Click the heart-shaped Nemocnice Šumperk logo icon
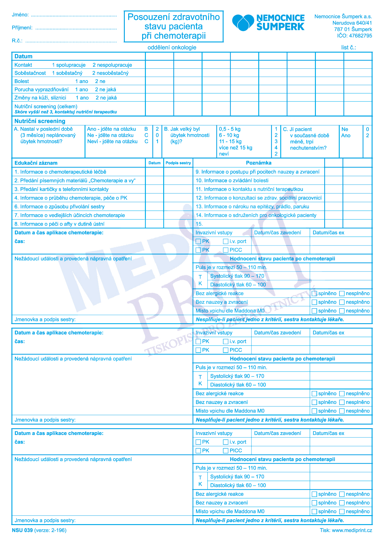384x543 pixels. click(x=243, y=22)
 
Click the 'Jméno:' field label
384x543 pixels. click(x=20, y=15)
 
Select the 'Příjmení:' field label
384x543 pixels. click(x=22, y=28)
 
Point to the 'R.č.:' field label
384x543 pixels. click(x=17, y=41)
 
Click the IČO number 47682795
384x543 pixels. click(x=360, y=36)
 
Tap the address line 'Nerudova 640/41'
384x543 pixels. click(x=352, y=23)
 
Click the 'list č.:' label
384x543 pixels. click(x=348, y=47)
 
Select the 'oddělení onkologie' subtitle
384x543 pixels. click(x=172, y=47)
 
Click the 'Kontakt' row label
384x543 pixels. click(x=23, y=65)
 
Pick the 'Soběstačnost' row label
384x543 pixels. click(x=30, y=73)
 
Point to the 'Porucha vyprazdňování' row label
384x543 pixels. click(x=41, y=89)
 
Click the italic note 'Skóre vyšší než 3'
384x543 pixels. click(x=34, y=112)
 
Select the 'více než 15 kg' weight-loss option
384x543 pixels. click(x=235, y=148)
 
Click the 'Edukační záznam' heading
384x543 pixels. click(x=36, y=163)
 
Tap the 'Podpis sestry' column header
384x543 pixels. click(x=178, y=163)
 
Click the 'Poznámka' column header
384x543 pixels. click(x=259, y=163)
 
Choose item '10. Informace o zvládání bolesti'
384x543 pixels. click(x=232, y=180)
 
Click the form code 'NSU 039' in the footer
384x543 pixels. click(x=22, y=530)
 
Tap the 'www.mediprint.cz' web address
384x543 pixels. click(x=352, y=530)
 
